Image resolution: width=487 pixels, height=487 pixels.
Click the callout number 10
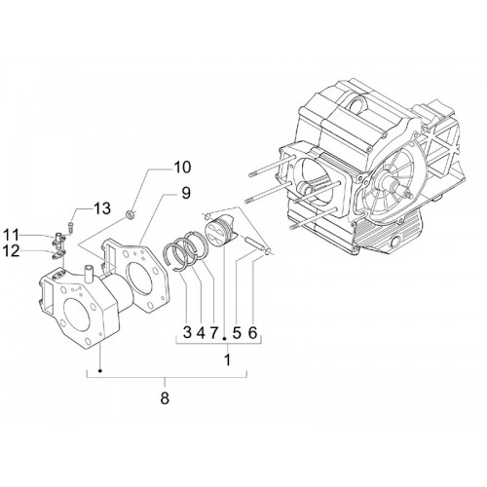click(x=182, y=168)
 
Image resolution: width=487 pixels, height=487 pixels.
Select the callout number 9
click(x=185, y=193)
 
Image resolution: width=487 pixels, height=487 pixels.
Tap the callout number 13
click(x=102, y=208)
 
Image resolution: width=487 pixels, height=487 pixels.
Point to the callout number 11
click(x=12, y=235)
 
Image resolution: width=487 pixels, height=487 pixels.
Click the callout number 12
click(x=12, y=251)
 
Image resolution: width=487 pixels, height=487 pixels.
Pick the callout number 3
click(x=187, y=332)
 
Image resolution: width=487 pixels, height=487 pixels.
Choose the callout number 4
click(x=202, y=332)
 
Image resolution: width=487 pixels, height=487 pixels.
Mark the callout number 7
click(x=214, y=332)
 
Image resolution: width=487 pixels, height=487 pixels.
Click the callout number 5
click(x=238, y=332)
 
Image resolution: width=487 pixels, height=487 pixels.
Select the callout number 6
click(x=253, y=332)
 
